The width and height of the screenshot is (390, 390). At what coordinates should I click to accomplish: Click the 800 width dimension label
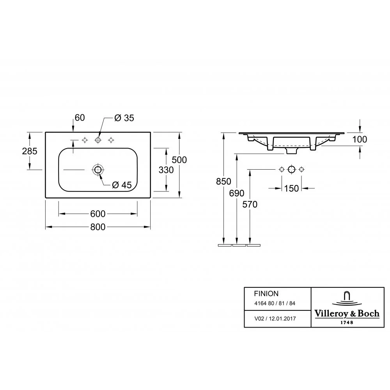[x=98, y=227]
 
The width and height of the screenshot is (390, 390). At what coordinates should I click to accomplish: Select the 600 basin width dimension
[x=98, y=214]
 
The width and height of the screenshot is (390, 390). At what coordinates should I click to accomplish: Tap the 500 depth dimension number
[x=179, y=160]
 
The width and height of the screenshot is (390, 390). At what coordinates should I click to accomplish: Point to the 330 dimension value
[x=166, y=170]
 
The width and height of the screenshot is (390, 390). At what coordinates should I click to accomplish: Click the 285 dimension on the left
[x=30, y=151]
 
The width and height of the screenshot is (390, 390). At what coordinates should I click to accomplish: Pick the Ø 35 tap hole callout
[x=124, y=118]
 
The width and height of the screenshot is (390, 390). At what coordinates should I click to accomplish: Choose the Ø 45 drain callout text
[x=122, y=185]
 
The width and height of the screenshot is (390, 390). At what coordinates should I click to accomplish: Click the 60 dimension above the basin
[x=80, y=118]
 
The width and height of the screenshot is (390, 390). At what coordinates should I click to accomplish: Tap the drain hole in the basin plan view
[x=98, y=170]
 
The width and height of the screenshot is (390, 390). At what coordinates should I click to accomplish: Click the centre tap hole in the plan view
[x=98, y=140]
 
